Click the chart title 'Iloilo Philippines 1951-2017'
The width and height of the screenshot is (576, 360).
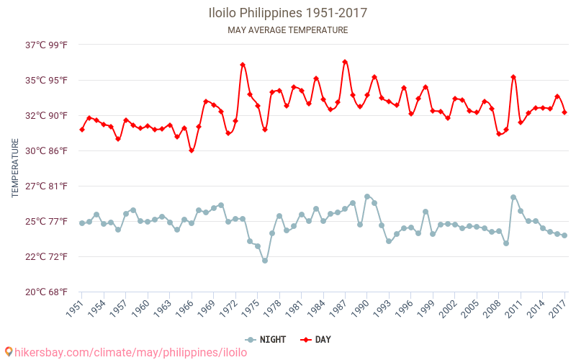[287, 13]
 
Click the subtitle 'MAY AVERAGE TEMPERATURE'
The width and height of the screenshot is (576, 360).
[287, 30]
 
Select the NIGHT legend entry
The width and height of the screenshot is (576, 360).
[266, 340]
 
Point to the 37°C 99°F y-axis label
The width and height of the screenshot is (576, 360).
[47, 45]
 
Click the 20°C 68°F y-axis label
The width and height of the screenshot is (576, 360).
[47, 292]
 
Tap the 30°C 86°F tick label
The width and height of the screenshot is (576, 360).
[47, 150]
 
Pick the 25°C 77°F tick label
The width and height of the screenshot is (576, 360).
[47, 221]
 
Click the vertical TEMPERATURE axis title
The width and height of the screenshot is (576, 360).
[15, 168]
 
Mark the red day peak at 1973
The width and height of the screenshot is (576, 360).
[243, 65]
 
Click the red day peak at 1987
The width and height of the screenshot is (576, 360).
[345, 62]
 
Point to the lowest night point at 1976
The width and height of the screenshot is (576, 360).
[265, 261]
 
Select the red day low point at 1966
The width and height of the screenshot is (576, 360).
[192, 150]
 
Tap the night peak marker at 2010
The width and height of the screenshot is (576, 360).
[513, 197]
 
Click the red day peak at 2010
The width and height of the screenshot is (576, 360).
[513, 77]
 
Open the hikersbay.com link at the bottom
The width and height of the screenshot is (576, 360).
[126, 352]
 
